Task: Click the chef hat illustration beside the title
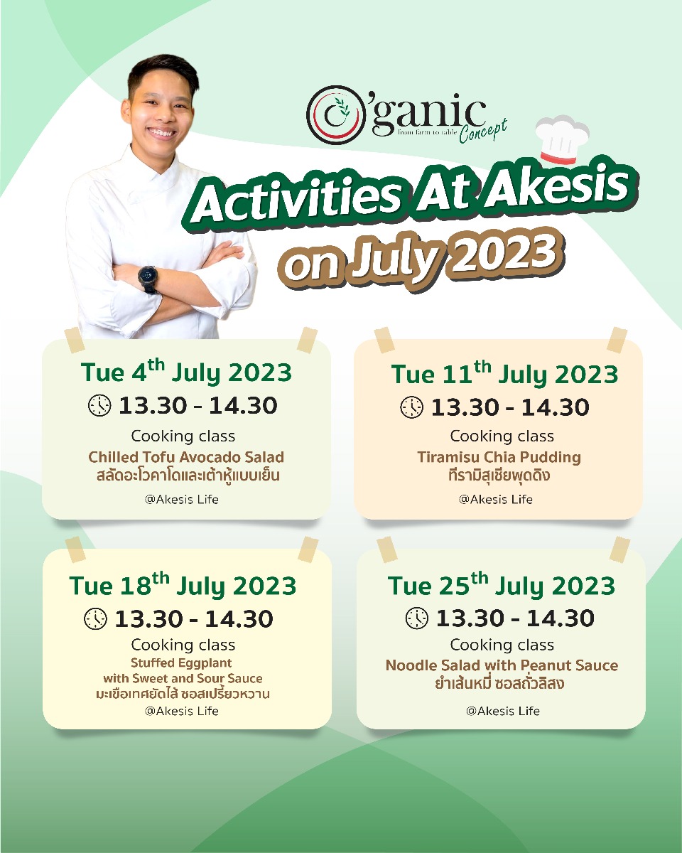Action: click(x=563, y=139)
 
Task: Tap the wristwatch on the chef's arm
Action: click(x=148, y=275)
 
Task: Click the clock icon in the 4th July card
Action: click(x=99, y=405)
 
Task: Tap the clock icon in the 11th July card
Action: click(x=412, y=407)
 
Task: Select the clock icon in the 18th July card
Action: click(x=95, y=618)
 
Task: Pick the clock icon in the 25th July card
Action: click(x=417, y=618)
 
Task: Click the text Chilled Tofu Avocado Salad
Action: click(x=186, y=457)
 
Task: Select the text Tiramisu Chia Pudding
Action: click(x=499, y=457)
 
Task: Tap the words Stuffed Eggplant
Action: click(x=181, y=662)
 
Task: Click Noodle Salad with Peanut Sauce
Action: click(x=502, y=665)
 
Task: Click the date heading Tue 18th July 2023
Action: click(x=183, y=585)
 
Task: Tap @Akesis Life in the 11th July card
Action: click(x=496, y=499)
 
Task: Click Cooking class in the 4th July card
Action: click(x=183, y=436)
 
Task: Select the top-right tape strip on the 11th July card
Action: click(x=617, y=340)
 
